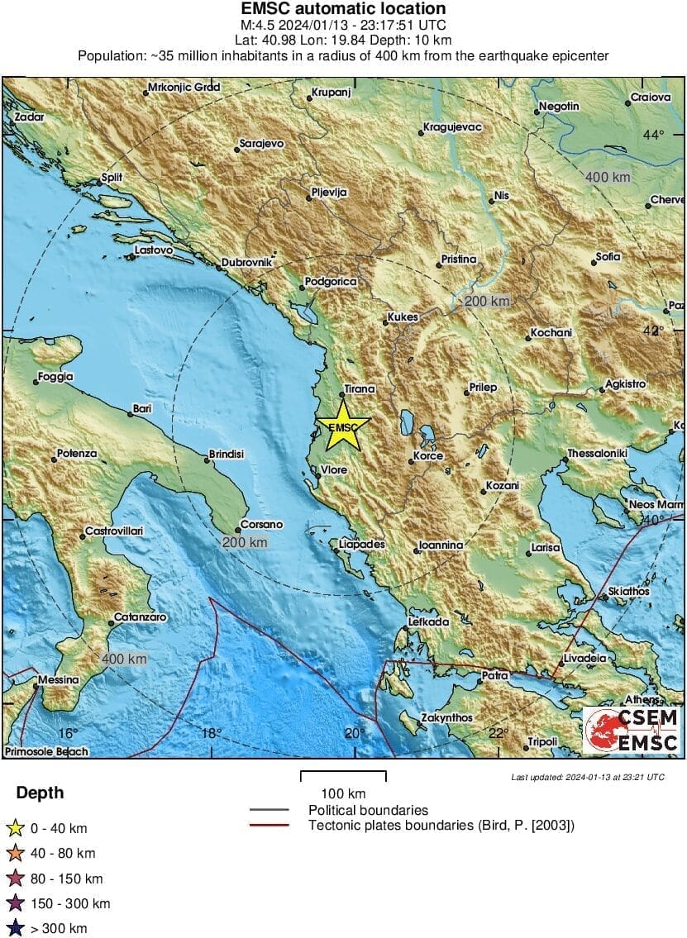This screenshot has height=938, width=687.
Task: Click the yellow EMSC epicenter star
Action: tap(342, 426)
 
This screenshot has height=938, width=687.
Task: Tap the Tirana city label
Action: tap(359, 388)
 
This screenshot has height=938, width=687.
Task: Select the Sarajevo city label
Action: tap(261, 144)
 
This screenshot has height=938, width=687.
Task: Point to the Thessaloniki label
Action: tap(597, 455)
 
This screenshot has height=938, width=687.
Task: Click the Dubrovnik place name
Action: tap(246, 264)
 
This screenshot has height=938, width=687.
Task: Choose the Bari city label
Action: tap(142, 409)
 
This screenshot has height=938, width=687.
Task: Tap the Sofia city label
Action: tap(607, 257)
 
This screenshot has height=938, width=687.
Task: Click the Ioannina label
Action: tap(441, 545)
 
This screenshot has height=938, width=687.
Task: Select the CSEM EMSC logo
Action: tap(632, 730)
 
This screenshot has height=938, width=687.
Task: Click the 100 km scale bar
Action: tap(343, 776)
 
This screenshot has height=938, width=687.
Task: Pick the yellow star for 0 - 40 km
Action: tap(15, 828)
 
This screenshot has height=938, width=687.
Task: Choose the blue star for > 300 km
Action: tap(15, 929)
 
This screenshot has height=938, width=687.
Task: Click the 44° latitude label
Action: tap(654, 135)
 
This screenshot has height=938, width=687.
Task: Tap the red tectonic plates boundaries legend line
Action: tap(269, 825)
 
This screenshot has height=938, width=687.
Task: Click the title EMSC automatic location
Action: tap(343, 9)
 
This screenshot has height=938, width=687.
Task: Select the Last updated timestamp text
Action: tap(587, 777)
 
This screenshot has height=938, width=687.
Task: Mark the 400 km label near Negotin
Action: tap(608, 177)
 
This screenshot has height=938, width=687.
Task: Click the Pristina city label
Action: tap(458, 259)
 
